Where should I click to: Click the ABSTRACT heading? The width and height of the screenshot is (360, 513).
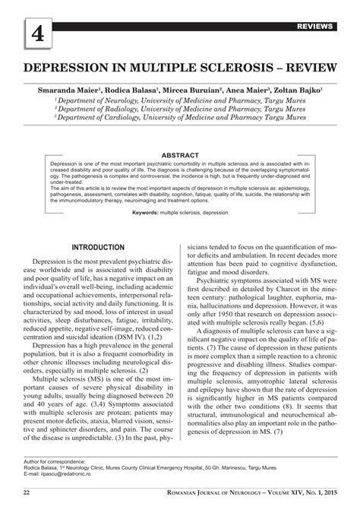pos(180,155)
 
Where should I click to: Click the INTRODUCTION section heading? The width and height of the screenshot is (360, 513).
pos(99,248)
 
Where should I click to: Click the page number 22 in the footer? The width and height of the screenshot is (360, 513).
pos(27,493)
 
